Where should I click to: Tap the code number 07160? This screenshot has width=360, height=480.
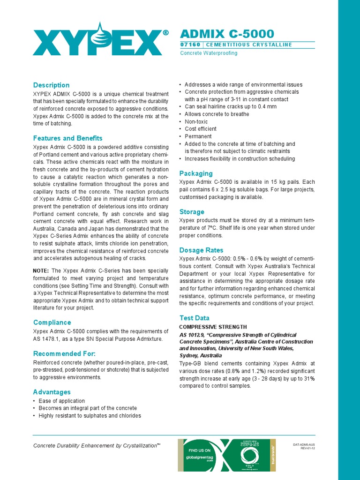[x=190, y=45]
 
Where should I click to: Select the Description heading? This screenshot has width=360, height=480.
[x=51, y=85]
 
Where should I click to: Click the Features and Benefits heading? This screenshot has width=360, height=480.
[x=67, y=138]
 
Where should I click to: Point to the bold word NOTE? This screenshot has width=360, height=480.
[x=41, y=271]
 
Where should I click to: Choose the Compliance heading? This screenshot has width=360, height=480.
[x=52, y=322]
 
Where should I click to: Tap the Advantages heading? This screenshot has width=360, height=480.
[x=52, y=392]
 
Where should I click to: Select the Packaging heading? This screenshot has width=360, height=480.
[x=196, y=173]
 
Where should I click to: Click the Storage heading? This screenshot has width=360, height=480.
[x=192, y=212]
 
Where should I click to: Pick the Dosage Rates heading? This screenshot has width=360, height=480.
[x=201, y=250]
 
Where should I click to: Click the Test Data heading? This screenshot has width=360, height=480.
[x=195, y=318]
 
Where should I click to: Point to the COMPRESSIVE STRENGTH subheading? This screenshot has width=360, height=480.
[x=213, y=327]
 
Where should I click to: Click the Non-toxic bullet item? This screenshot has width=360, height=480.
[x=196, y=121]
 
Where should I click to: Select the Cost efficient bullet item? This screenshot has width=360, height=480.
[x=200, y=129]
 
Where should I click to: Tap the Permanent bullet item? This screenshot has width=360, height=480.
[x=198, y=136]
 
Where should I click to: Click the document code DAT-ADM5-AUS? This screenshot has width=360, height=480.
[x=304, y=444]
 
